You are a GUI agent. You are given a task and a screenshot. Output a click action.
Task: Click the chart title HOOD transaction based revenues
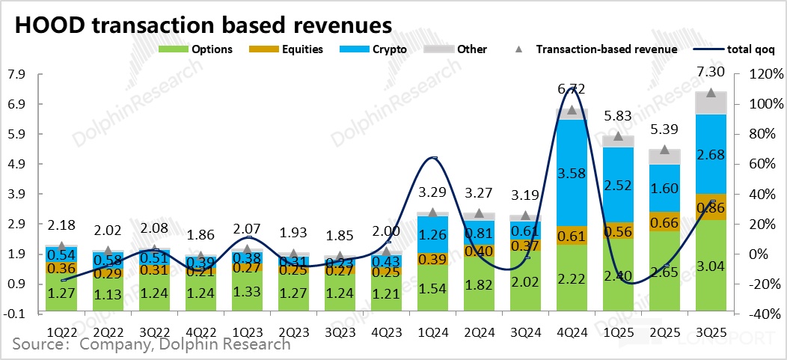(203, 24)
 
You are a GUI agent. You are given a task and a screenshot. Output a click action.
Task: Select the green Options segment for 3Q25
(711, 266)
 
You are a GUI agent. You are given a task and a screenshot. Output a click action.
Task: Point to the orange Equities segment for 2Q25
(665, 222)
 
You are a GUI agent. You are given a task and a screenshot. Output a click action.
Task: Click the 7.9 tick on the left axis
(16, 74)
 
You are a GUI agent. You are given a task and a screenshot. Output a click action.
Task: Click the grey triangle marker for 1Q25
(618, 136)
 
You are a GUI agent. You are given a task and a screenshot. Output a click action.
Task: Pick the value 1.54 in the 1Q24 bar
(432, 287)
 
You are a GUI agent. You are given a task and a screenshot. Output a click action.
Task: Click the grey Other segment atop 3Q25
(711, 103)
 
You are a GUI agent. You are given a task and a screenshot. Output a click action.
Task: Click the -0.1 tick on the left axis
(16, 314)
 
